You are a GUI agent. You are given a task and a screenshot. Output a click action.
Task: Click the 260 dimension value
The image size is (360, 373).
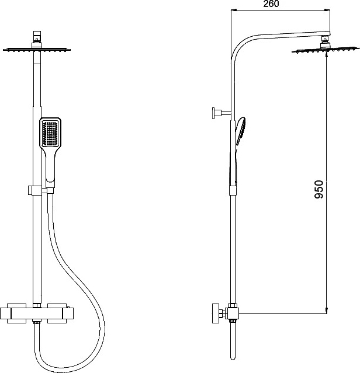271,4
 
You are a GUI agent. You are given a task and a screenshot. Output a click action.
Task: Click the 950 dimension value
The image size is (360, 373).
319,190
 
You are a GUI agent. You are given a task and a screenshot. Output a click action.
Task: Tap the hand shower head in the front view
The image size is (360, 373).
50,133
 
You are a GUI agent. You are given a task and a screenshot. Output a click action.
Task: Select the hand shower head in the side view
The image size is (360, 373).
241,131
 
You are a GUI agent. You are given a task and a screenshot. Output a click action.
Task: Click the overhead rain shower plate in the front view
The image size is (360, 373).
37,50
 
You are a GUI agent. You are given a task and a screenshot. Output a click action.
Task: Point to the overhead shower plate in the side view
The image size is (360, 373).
326,50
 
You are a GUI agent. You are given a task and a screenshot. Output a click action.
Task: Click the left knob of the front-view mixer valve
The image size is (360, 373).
6,313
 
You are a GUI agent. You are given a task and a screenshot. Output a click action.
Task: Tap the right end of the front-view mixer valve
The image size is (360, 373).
70,313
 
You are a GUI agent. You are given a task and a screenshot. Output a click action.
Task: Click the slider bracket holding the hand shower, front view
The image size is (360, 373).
35,190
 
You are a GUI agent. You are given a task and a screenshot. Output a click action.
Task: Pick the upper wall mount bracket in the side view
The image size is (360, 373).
221,113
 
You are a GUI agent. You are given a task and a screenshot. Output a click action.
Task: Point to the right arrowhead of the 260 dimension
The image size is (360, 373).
328,11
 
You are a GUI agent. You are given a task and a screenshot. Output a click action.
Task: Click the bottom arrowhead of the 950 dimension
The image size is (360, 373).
327,311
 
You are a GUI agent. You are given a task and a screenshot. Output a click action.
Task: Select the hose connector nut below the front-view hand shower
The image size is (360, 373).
50,190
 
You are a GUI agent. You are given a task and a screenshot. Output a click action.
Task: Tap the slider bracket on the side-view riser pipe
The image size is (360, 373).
233,190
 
